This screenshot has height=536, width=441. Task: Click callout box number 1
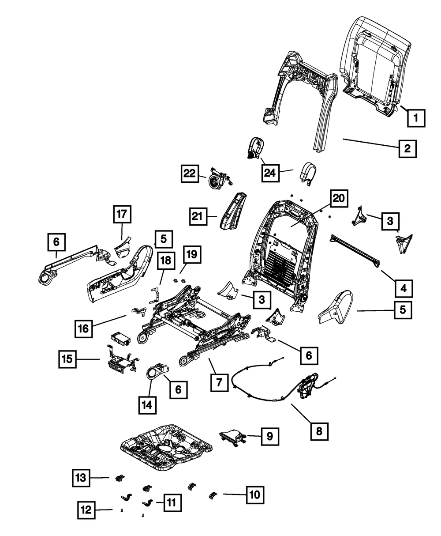[x=416, y=118]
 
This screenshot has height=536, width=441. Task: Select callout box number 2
[x=407, y=148]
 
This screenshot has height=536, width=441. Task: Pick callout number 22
[x=190, y=174]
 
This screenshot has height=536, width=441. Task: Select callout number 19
[x=191, y=255]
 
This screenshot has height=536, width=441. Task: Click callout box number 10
[x=255, y=495]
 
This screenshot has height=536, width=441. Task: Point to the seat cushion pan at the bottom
[x=165, y=446]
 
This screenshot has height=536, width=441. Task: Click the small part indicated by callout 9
[x=232, y=438]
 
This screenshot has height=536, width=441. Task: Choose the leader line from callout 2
[x=370, y=143]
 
